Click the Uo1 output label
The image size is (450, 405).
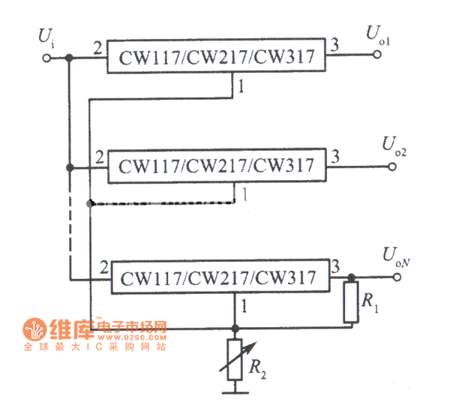pyautogui.click(x=377, y=33)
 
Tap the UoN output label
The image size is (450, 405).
pyautogui.click(x=395, y=257)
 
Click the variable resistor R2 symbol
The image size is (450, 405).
pyautogui.click(x=235, y=358)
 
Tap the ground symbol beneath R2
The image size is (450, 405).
pyautogui.click(x=235, y=391)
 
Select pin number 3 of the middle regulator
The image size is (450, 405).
pyautogui.click(x=335, y=157)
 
